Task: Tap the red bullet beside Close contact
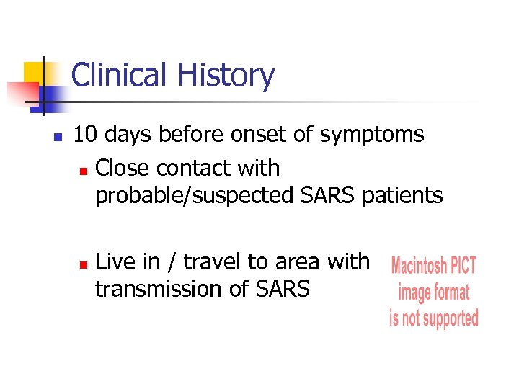(x=83, y=171)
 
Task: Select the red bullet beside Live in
(x=83, y=264)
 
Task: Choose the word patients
(x=402, y=195)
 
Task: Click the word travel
(x=207, y=261)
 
